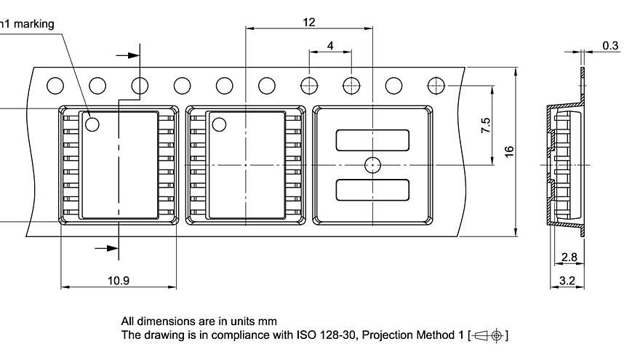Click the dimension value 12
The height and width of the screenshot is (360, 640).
[x=309, y=23]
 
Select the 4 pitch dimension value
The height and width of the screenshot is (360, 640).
[x=330, y=45]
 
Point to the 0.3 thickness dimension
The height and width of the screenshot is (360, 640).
[x=610, y=46]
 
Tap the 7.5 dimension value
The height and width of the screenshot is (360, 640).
[x=486, y=125]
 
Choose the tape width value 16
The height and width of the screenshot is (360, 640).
[x=509, y=151]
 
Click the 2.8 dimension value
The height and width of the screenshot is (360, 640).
[x=569, y=257]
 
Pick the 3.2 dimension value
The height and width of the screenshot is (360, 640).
[x=568, y=279]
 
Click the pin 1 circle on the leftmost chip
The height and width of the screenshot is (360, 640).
[x=92, y=124]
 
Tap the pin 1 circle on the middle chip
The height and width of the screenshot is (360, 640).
[x=220, y=124]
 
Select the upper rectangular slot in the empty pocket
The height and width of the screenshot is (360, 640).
[x=372, y=140]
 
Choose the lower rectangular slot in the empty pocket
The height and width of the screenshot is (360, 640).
[x=372, y=189]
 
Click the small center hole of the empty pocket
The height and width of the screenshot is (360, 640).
[x=372, y=164]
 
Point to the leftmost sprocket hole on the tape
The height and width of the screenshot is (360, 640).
[x=55, y=86]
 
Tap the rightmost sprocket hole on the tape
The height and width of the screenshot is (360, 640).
[x=436, y=85]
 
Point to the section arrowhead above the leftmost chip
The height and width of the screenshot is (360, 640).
[x=132, y=55]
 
